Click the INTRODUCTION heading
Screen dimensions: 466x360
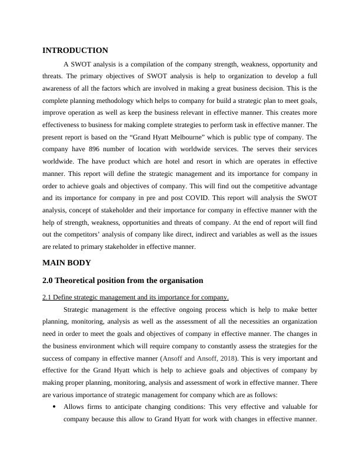75,51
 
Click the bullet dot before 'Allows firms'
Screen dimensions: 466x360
54,406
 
